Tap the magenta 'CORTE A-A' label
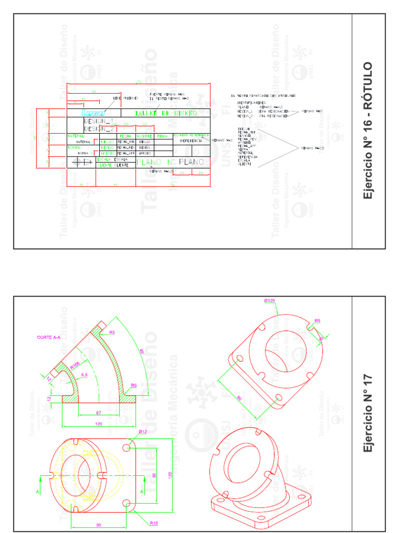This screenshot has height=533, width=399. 48,337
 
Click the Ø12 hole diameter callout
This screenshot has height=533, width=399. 143,433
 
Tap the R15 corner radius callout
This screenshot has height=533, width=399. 153,523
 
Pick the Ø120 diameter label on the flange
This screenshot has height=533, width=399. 270,301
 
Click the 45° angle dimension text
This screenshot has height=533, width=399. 142,352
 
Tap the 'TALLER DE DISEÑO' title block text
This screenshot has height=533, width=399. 166,112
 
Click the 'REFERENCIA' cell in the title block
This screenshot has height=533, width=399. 191,141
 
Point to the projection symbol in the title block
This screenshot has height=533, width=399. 81,162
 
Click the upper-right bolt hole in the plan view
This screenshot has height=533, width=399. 127,447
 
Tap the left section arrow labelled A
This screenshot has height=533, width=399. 37,491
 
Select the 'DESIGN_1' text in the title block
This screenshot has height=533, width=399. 99,121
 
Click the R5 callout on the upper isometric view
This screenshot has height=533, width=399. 317,321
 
